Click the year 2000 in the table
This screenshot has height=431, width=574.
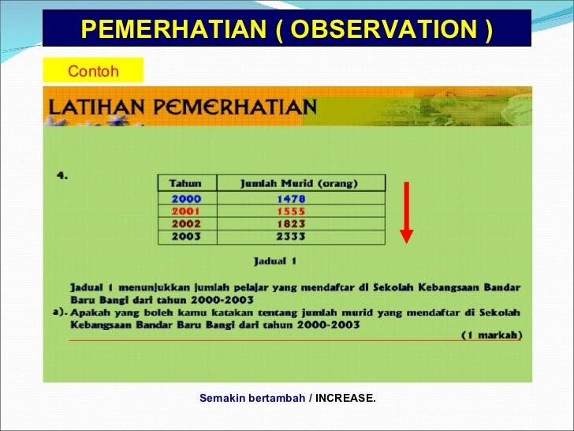click(x=186, y=199)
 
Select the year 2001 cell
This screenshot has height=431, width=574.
click(x=186, y=212)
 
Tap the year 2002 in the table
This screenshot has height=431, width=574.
click(x=186, y=224)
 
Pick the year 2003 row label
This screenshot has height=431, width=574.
click(x=186, y=236)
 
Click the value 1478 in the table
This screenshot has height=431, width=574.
click(x=291, y=199)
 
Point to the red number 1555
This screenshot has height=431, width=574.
click(x=291, y=212)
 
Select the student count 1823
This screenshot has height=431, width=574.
click(x=291, y=224)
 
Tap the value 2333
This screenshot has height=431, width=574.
click(x=291, y=236)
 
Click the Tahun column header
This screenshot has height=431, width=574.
click(x=185, y=183)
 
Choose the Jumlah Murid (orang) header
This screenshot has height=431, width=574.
click(x=299, y=183)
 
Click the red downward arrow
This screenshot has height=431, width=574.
click(x=406, y=212)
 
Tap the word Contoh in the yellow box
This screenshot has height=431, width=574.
click(x=93, y=71)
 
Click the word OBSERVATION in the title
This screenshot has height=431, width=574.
click(x=384, y=29)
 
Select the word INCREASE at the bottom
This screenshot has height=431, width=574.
click(x=345, y=398)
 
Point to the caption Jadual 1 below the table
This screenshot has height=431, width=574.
click(x=275, y=261)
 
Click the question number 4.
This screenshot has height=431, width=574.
click(x=62, y=175)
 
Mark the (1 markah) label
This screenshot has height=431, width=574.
click(x=492, y=335)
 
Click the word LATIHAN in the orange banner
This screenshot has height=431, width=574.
click(x=97, y=107)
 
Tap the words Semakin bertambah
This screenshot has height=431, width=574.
click(x=252, y=398)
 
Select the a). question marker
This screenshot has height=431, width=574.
click(x=61, y=313)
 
